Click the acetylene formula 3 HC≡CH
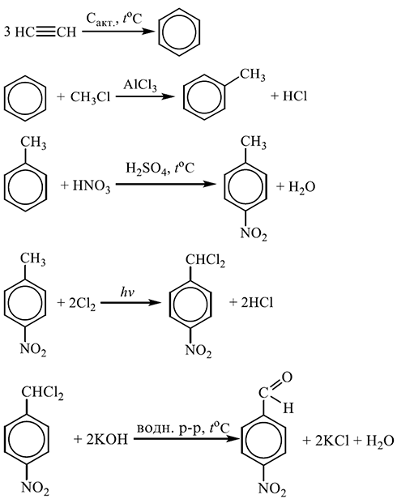coord(41,32)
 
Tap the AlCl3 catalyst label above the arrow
coord(140,85)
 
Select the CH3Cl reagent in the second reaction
coord(90,96)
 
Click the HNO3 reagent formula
coord(92,186)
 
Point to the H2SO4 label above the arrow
coord(146,168)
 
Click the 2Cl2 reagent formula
coord(82,303)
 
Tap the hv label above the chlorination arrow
coord(127,292)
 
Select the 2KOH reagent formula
coord(107,439)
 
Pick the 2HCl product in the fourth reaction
coord(257,303)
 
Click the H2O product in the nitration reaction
coord(302,187)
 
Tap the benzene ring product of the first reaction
coord(179,32)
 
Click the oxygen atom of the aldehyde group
coord(287,377)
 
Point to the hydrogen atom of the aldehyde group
coord(288,407)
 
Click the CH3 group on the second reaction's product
coord(253,75)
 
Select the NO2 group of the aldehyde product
coord(271,488)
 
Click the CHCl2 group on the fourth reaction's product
coord(205,261)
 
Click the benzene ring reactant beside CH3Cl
coord(25,98)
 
